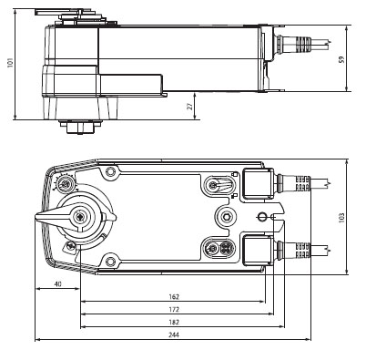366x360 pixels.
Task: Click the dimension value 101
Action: pyautogui.click(x=11, y=62)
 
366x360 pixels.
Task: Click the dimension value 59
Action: pyautogui.click(x=342, y=59)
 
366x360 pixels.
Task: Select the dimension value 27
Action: pyautogui.click(x=189, y=106)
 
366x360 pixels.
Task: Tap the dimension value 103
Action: pyautogui.click(x=341, y=218)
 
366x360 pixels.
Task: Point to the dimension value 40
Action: pyautogui.click(x=57, y=284)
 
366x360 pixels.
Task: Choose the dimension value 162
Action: pyautogui.click(x=174, y=297)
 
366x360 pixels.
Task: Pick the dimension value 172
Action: pyautogui.click(x=174, y=310)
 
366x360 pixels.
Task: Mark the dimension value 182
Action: pyautogui.click(x=174, y=323)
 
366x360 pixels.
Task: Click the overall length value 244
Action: pyautogui.click(x=174, y=335)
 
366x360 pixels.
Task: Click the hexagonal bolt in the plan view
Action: pyautogui.click(x=226, y=216)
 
